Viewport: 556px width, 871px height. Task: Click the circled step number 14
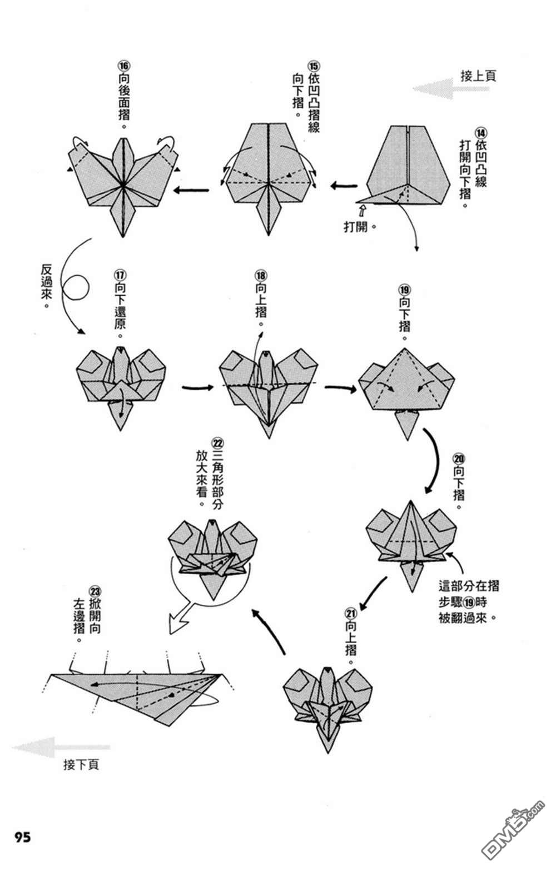pos(480,133)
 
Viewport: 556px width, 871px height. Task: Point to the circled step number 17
pos(120,275)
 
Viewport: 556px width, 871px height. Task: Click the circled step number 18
pos(260,275)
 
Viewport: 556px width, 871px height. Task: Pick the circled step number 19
pos(404,290)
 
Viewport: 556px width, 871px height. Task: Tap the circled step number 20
pos(459,459)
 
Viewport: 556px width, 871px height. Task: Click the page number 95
pos(23,838)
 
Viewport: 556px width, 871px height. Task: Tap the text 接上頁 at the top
pos(478,76)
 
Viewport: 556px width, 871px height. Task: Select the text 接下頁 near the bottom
pos(81,765)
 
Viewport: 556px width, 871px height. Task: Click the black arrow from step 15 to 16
pos(192,191)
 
